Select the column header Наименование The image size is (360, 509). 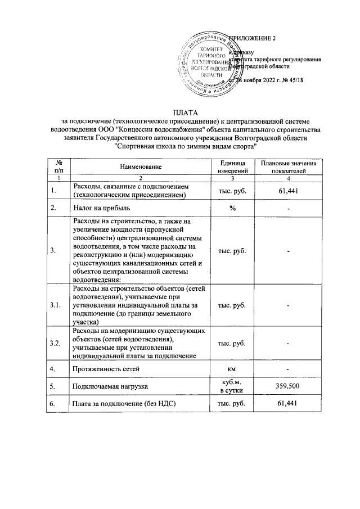[x=140, y=166]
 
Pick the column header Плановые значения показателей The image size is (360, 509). [x=287, y=166]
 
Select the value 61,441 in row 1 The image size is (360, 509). [x=287, y=191]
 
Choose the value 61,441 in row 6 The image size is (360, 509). [x=287, y=404]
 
